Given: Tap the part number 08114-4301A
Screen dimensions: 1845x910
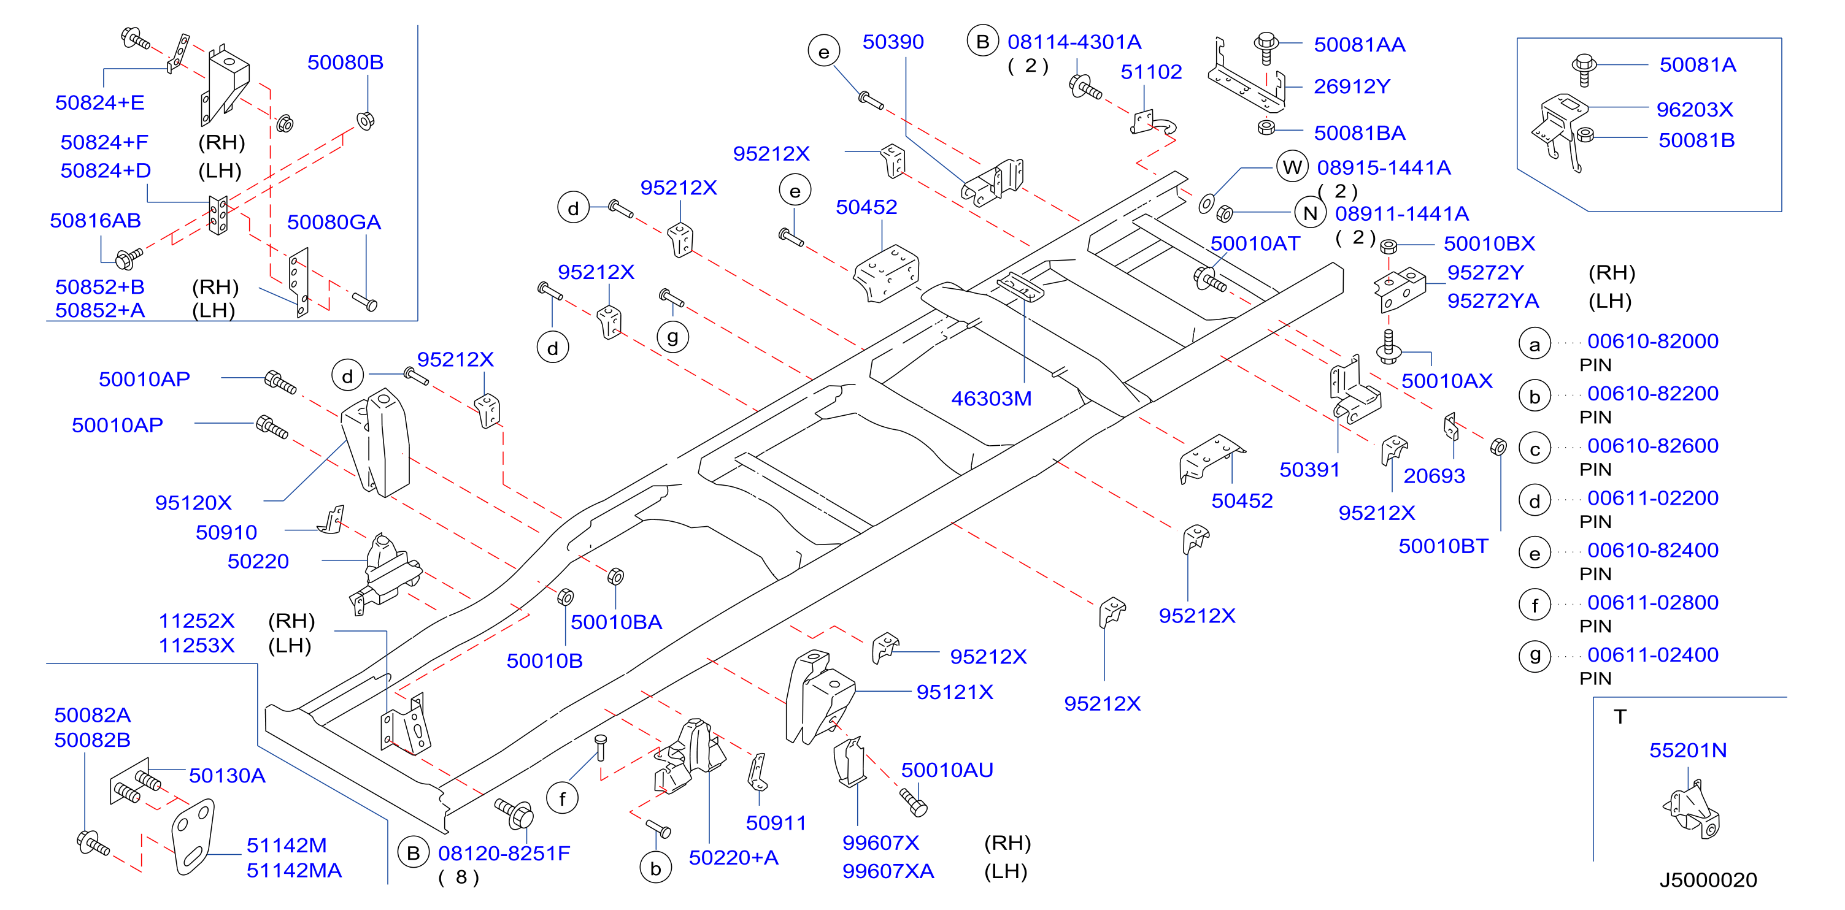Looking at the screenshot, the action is (1074, 42).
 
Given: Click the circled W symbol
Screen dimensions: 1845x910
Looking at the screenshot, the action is (1292, 167).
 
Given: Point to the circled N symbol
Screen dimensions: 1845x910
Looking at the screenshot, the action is (1310, 213).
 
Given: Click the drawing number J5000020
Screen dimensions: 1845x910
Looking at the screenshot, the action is (1708, 880).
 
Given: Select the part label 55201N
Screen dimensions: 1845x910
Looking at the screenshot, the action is (1687, 751).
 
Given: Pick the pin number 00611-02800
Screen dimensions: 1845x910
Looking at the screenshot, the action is (1652, 603).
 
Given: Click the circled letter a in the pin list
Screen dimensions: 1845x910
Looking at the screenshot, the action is (1534, 345).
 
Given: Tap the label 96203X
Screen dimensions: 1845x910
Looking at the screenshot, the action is (1695, 110).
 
